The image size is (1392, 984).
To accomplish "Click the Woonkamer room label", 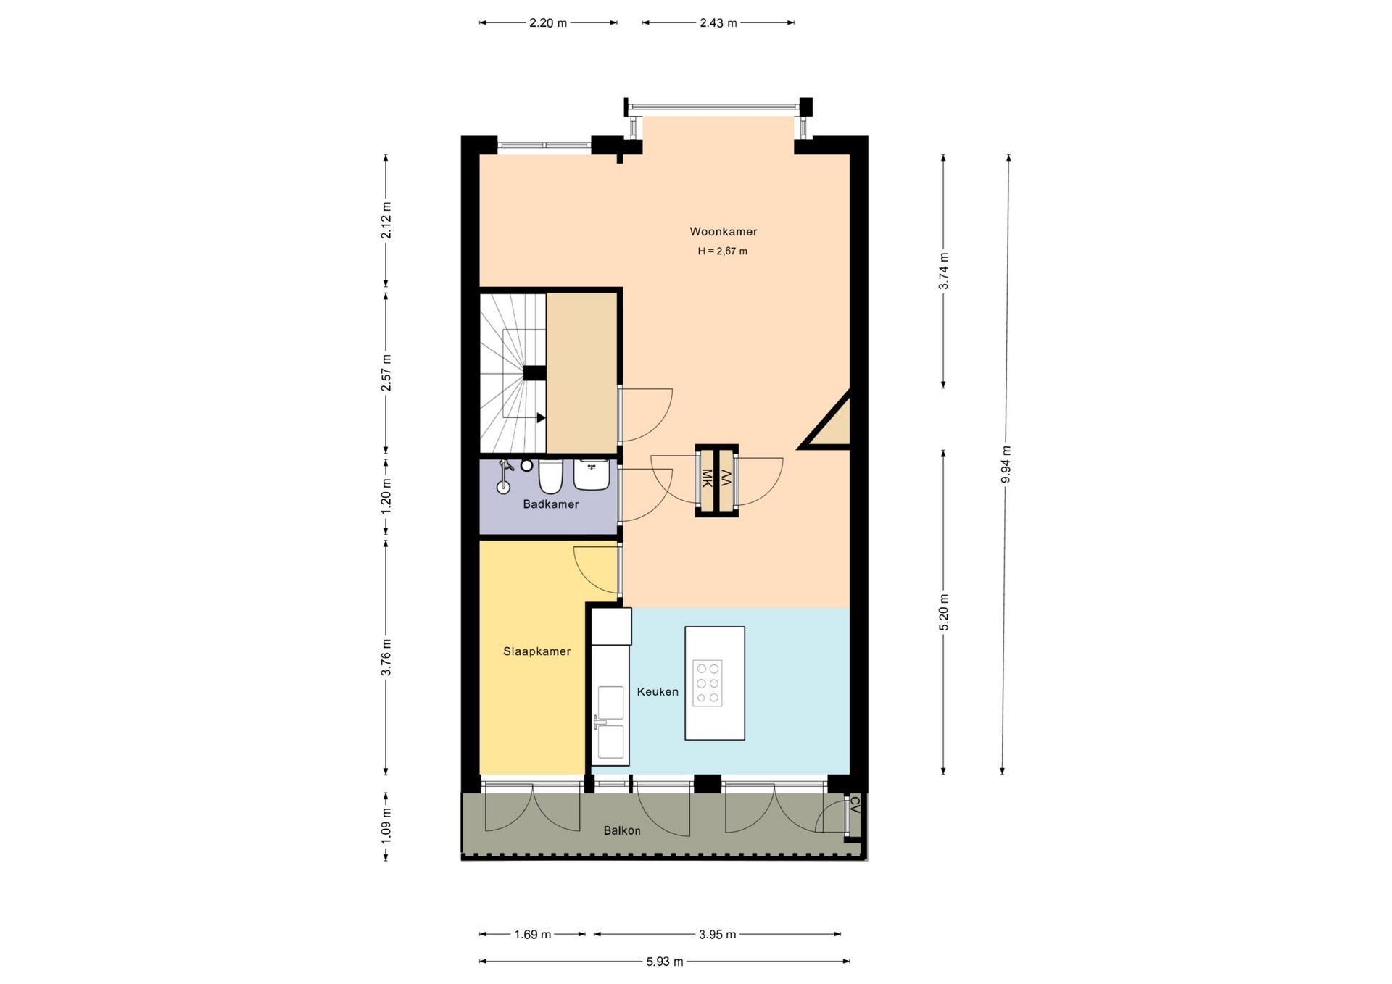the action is (723, 232).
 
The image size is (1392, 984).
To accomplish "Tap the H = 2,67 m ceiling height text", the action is (722, 251).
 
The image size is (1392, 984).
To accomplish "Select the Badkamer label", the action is (551, 504).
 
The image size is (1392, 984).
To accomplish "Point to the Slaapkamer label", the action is (536, 651).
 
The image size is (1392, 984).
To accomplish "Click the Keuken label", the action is (658, 692).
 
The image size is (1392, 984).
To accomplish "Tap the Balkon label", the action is (622, 830).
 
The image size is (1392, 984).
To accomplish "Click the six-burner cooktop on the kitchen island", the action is (707, 683).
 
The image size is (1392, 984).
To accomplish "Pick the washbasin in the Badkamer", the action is (592, 475).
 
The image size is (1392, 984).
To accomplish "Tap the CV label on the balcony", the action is (854, 804).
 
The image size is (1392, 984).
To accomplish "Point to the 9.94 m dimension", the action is (1006, 464).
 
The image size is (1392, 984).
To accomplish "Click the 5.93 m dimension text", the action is (665, 962).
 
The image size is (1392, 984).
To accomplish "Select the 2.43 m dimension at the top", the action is (718, 22).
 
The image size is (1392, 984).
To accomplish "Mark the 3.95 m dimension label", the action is (718, 935).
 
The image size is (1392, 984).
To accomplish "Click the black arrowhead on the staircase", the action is (541, 418).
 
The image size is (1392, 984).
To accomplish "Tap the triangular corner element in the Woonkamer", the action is (829, 423).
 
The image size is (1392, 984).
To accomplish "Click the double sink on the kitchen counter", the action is (610, 723).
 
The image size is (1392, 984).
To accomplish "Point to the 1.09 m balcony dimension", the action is (386, 825).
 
